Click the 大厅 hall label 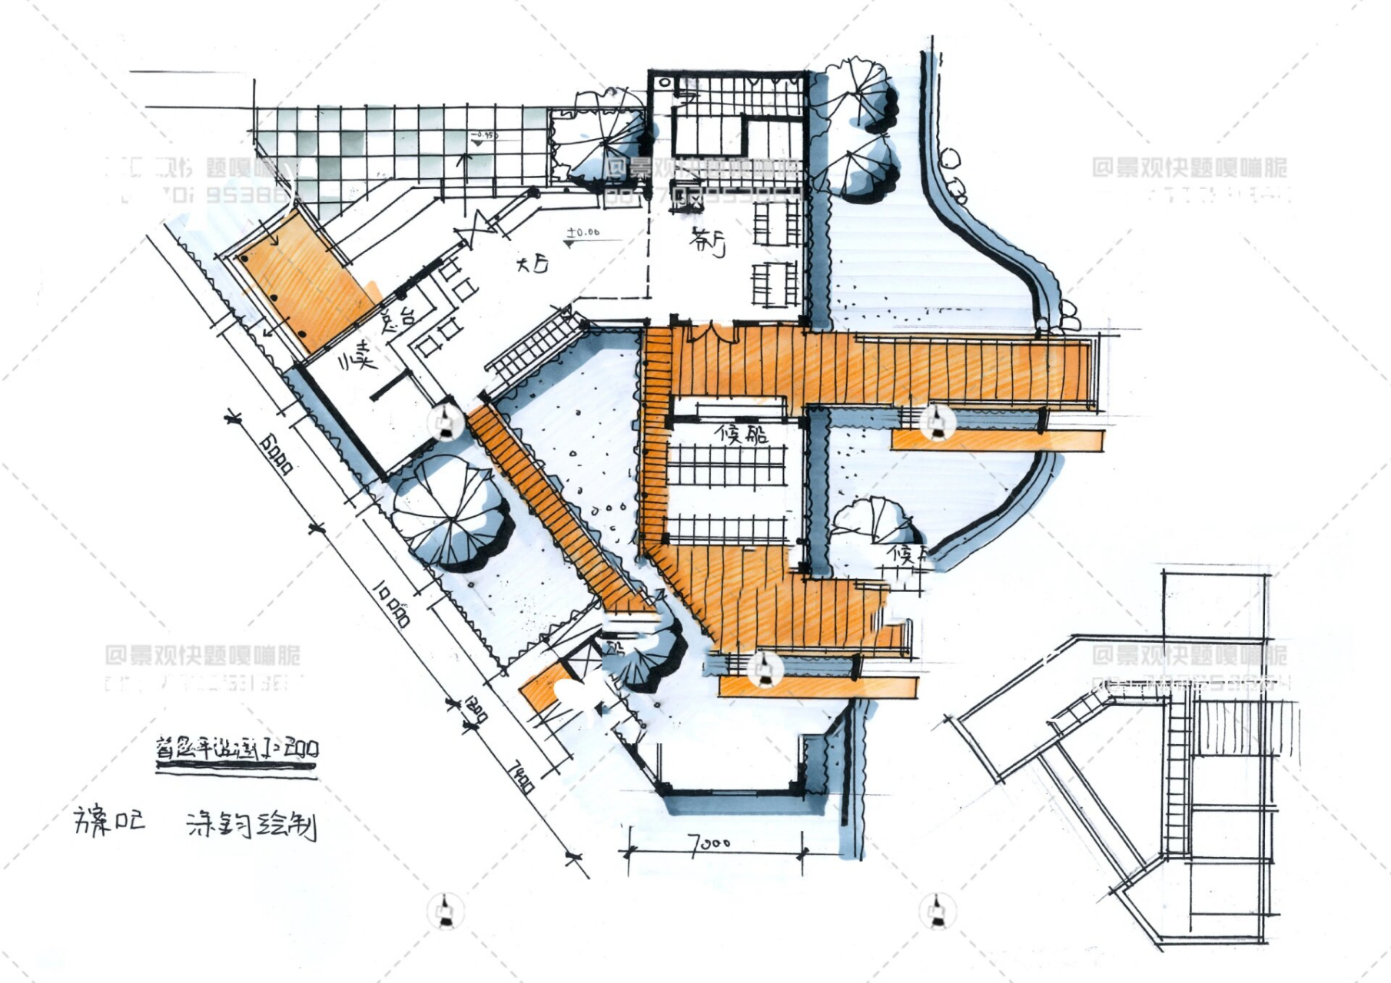(x=533, y=266)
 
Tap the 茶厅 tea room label (x=708, y=242)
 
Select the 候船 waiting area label (x=741, y=435)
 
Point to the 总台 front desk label (x=397, y=318)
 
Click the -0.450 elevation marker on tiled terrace (x=484, y=136)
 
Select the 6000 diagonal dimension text (x=276, y=454)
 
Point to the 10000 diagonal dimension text (x=393, y=604)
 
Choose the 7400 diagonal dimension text (x=522, y=776)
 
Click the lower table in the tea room (x=775, y=284)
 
